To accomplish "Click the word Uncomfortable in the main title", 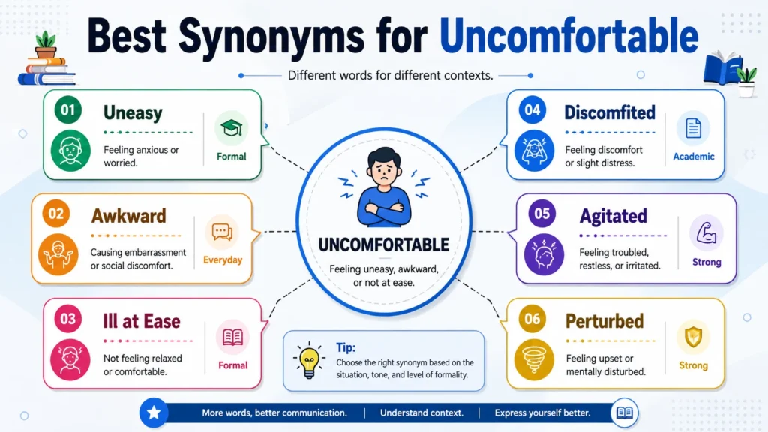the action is pyautogui.click(x=568, y=36).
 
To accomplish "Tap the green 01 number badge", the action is pyautogui.click(x=68, y=110).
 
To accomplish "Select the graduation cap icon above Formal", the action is pyautogui.click(x=231, y=128).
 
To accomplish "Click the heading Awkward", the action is pyautogui.click(x=129, y=216).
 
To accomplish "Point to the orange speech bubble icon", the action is pyautogui.click(x=222, y=232).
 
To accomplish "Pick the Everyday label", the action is pyautogui.click(x=223, y=260).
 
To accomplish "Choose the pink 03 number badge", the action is pyautogui.click(x=68, y=319).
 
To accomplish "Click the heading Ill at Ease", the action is pyautogui.click(x=142, y=321).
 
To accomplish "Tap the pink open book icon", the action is pyautogui.click(x=232, y=337).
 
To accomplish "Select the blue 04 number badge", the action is pyautogui.click(x=532, y=110).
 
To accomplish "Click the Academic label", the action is pyautogui.click(x=694, y=157).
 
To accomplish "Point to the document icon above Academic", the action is pyautogui.click(x=694, y=128).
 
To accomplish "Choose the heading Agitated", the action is pyautogui.click(x=613, y=216).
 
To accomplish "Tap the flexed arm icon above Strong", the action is pyautogui.click(x=706, y=232).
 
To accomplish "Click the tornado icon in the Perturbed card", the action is pyautogui.click(x=534, y=359).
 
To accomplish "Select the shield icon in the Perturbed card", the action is pyautogui.click(x=693, y=337).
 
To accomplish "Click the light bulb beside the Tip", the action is pyautogui.click(x=309, y=361).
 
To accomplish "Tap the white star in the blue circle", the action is pyautogui.click(x=154, y=412).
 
